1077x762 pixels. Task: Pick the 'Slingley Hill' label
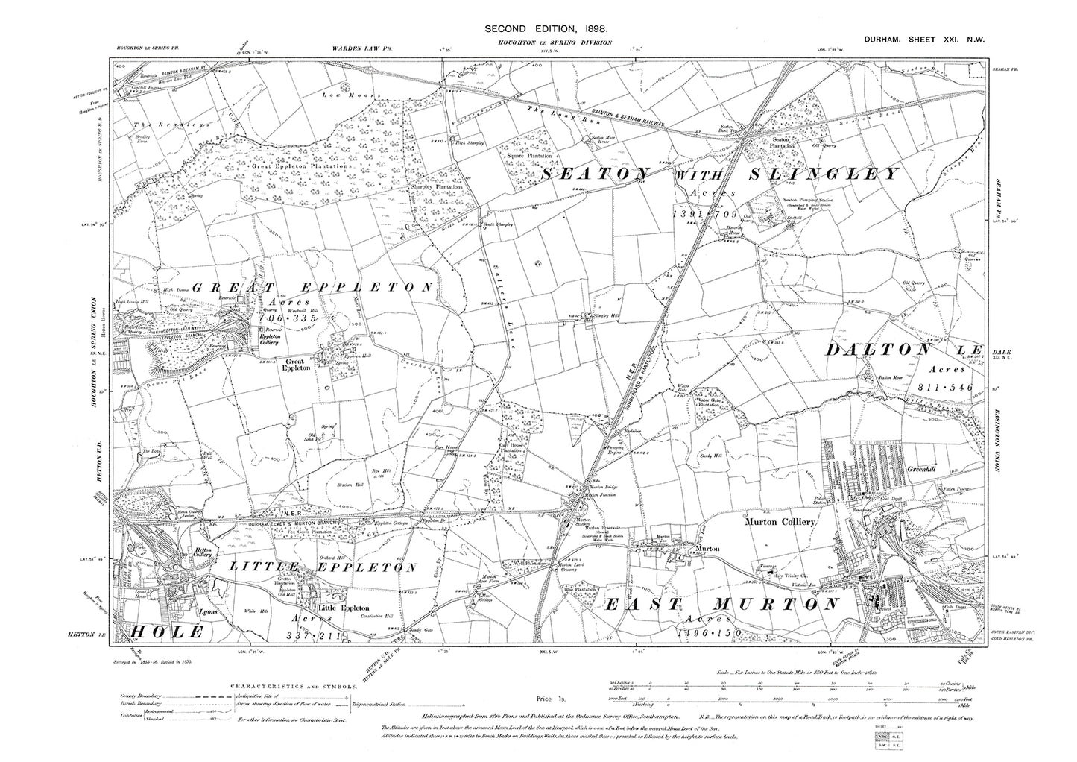coord(607,316)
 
